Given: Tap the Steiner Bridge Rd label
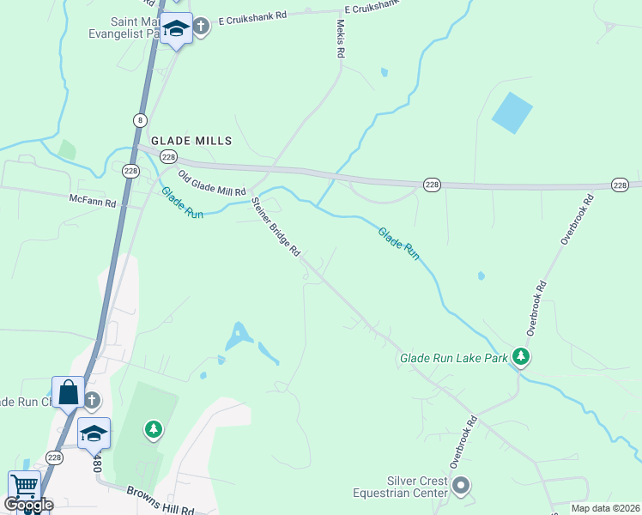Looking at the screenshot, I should (x=276, y=227).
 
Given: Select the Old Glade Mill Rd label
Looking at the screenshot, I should (x=211, y=183).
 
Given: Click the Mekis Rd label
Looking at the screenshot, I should (x=341, y=39).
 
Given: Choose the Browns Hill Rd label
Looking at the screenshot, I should (x=160, y=500).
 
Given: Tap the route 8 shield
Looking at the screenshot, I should (x=139, y=118).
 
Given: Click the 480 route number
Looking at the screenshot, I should (x=97, y=463).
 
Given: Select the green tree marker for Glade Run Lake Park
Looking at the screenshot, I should (x=520, y=355).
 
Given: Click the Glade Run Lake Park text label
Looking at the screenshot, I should (x=454, y=358).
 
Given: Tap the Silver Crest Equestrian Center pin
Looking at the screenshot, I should (x=461, y=486).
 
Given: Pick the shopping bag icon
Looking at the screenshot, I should (x=69, y=394).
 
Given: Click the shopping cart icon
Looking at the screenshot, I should (x=24, y=487).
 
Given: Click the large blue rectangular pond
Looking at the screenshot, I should (x=512, y=112).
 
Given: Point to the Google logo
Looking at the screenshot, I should (x=29, y=505).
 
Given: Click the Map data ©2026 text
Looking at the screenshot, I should (x=604, y=508).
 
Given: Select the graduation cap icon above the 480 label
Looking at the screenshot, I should (x=94, y=433).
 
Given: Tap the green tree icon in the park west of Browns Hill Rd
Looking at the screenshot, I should (x=154, y=428).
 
